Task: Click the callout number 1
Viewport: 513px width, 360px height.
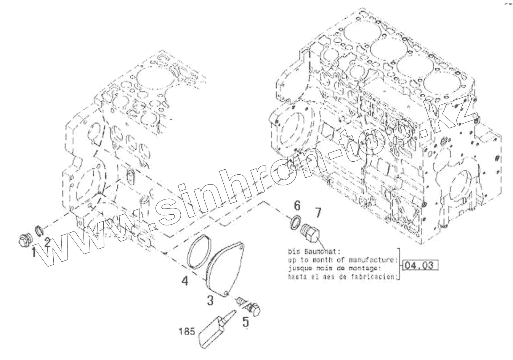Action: pyautogui.click(x=34, y=252)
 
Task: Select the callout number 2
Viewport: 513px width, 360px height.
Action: pyautogui.click(x=47, y=243)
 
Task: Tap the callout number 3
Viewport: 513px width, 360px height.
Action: pyautogui.click(x=210, y=300)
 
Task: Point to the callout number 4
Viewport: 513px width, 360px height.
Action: pyautogui.click(x=184, y=281)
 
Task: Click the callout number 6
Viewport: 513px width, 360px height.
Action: pyautogui.click(x=297, y=206)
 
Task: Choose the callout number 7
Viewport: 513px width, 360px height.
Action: pyautogui.click(x=318, y=212)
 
